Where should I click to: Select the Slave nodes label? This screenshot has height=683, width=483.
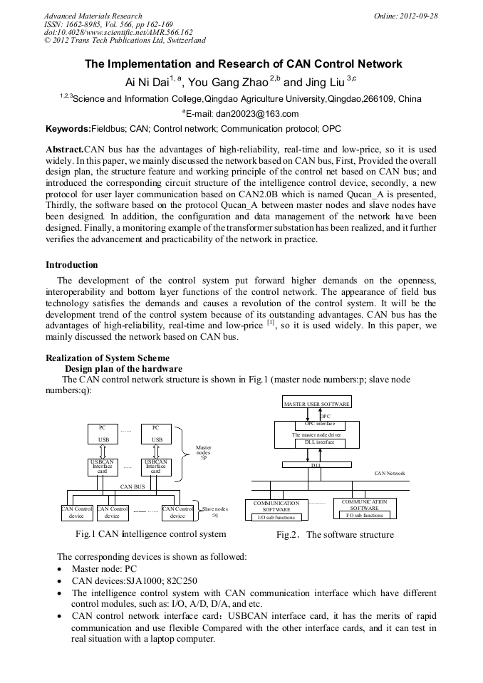point(214,510)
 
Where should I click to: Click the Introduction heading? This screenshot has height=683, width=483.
point(72,265)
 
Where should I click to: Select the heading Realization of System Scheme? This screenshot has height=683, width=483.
point(108,358)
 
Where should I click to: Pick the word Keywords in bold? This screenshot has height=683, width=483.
point(68,130)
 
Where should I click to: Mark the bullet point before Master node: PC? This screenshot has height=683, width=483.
point(59,570)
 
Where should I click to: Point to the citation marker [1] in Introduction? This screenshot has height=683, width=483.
point(271,323)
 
